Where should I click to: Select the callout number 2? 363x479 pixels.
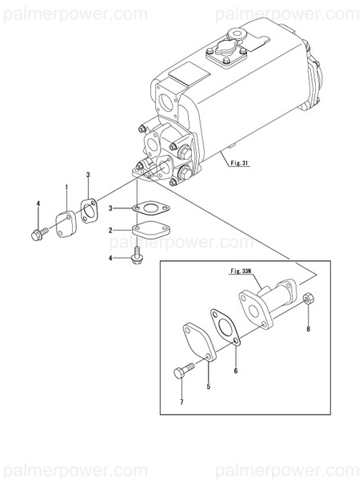(114, 230)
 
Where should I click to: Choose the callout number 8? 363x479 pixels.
(309, 328)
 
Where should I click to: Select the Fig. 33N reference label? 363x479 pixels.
(242, 271)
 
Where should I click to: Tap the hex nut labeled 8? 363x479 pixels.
(309, 300)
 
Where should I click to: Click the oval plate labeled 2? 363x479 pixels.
(149, 232)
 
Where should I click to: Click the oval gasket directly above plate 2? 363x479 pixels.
(150, 210)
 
